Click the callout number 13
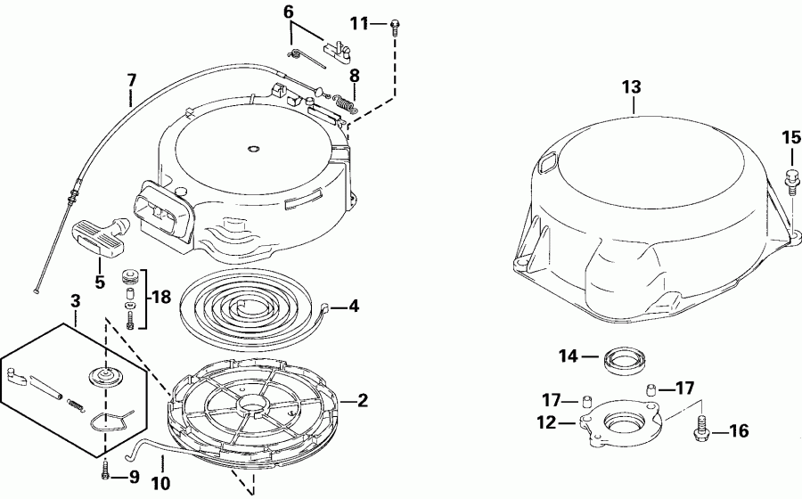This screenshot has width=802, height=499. [631, 87]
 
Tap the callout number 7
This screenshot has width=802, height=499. [132, 80]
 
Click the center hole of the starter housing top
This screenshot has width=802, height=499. [251, 148]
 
